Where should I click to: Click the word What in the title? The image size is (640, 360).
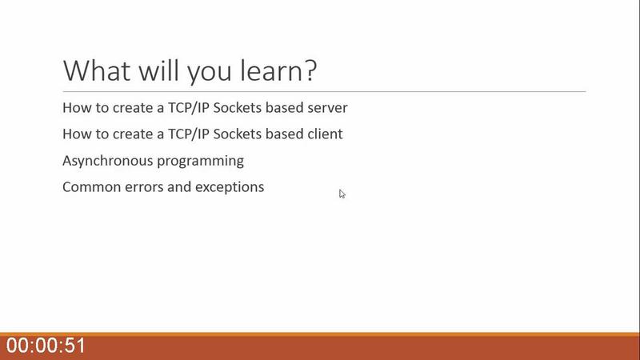[x=97, y=70]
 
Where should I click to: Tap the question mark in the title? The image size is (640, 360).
[x=310, y=70]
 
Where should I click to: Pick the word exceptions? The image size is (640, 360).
[x=230, y=188]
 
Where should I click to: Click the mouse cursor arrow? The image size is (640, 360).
[x=342, y=194]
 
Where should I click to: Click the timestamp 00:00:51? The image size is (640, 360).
[x=46, y=346]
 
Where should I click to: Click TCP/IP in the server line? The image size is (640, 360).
[x=189, y=108]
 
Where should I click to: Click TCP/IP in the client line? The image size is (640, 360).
[x=189, y=134]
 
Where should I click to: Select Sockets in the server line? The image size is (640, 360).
[x=237, y=108]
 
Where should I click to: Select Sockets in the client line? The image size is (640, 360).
[x=237, y=134]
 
